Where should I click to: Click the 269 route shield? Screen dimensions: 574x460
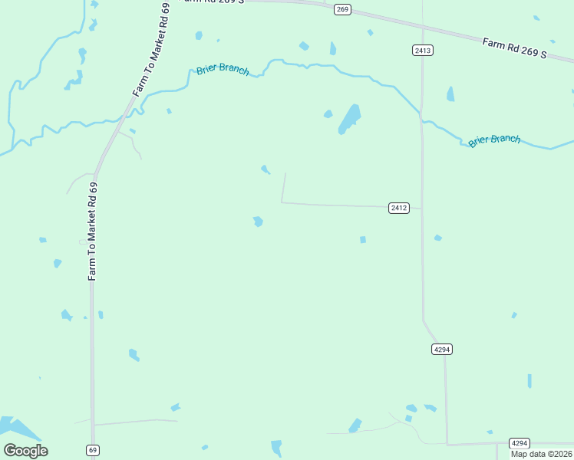342,9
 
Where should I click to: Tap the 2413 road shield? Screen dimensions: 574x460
422,51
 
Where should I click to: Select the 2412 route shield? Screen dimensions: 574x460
398,208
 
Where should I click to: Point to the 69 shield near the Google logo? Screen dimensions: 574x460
93,450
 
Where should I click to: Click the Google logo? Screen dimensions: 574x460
25,451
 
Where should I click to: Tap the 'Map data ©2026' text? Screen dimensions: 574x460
542,454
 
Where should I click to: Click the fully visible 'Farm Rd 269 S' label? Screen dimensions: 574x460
514,48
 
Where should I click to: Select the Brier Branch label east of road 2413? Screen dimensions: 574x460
494,140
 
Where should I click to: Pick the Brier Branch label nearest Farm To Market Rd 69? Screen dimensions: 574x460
223,70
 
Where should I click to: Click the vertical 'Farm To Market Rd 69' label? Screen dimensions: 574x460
92,231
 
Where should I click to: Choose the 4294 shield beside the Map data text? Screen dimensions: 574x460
520,443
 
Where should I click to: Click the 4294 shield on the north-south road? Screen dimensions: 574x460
441,349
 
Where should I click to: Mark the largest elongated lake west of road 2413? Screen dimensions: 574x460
349,119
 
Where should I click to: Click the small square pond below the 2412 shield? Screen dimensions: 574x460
363,240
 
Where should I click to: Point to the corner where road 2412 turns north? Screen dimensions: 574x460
282,202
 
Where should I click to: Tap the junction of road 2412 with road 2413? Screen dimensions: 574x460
421,208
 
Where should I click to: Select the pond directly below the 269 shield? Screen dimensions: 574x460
332,49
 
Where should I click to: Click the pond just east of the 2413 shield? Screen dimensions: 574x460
450,94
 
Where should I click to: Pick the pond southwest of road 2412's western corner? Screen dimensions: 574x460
258,222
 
